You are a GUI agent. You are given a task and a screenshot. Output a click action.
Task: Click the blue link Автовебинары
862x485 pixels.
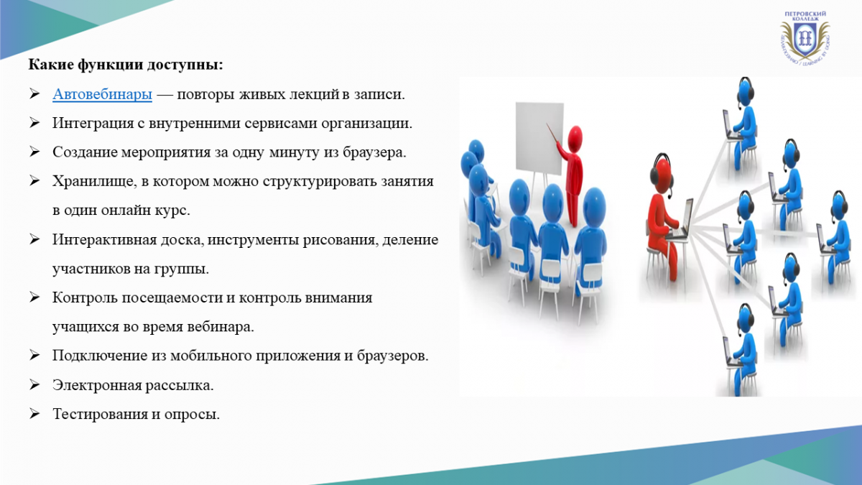(x=102, y=94)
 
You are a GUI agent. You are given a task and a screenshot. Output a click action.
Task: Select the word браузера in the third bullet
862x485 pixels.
(x=374, y=152)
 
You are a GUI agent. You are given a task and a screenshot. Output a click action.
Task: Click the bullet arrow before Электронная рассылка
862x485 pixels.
(x=34, y=385)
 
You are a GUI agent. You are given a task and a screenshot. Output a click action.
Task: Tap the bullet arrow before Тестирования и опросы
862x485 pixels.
(x=34, y=414)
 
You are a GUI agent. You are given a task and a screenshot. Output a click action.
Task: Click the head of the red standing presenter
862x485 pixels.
(x=575, y=139)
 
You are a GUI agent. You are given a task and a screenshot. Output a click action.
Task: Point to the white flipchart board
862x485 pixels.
(x=539, y=138)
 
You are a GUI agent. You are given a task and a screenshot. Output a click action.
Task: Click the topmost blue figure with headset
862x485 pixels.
(x=741, y=124)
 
